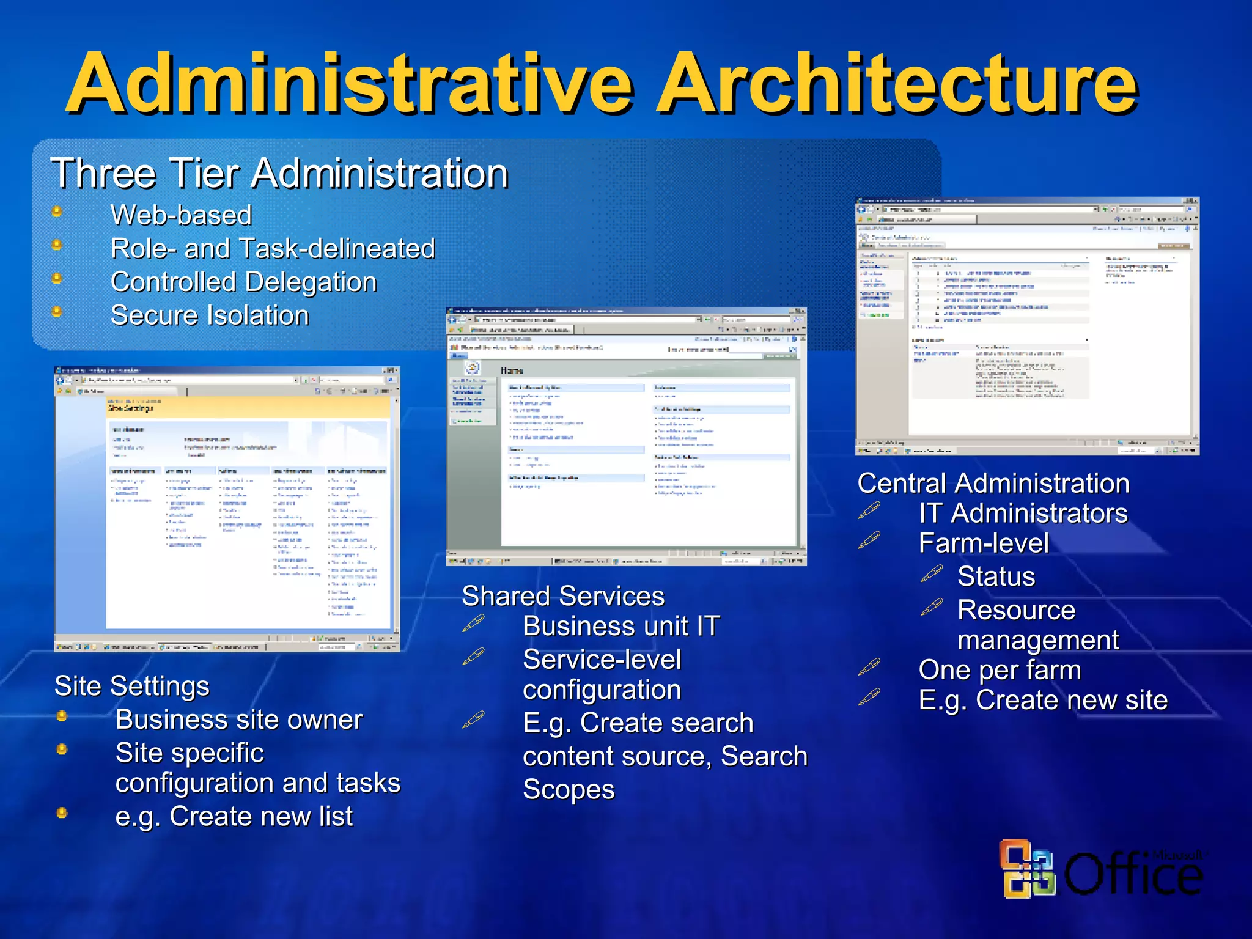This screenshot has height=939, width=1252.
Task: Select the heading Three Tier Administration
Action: click(x=279, y=173)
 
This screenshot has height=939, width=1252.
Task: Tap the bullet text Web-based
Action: click(x=181, y=215)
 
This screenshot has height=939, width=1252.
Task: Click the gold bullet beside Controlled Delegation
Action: click(x=57, y=279)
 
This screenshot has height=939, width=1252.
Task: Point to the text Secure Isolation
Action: click(x=210, y=315)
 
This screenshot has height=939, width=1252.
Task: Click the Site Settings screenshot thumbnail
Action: click(x=227, y=509)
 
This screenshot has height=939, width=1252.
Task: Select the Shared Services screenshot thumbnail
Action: click(x=626, y=436)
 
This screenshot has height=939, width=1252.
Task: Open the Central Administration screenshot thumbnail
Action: click(x=1026, y=326)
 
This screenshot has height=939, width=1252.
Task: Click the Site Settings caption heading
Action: click(x=131, y=686)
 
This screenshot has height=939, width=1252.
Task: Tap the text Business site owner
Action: click(x=239, y=720)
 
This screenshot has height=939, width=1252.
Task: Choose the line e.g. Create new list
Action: click(x=234, y=816)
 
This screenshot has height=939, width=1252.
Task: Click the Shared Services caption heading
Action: click(x=562, y=596)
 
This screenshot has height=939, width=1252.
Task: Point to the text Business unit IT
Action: click(x=621, y=626)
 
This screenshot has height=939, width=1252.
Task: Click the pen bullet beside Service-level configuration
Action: click(x=473, y=657)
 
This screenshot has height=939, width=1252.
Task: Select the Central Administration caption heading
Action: click(x=993, y=483)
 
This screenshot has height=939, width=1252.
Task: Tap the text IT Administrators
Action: click(x=1023, y=513)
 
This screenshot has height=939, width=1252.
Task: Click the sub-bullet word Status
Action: click(x=996, y=576)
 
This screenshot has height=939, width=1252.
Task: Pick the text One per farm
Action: click(x=1000, y=670)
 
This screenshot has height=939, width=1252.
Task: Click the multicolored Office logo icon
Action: click(x=1028, y=869)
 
